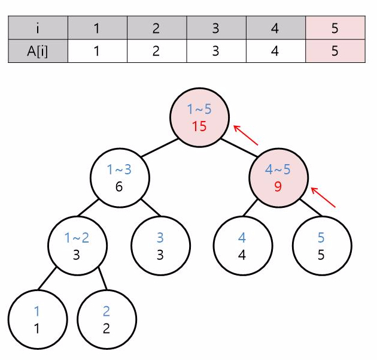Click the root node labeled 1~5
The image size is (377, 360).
[x=199, y=117]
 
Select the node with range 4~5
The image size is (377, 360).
[x=278, y=178]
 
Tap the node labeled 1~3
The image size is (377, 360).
[x=119, y=178]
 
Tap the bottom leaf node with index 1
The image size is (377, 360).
[x=37, y=319]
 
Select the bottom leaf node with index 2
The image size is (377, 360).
[x=107, y=319]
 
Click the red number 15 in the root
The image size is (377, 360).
[x=199, y=126]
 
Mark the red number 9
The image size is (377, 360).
[x=278, y=186]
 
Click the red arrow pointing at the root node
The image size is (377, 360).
[x=245, y=135]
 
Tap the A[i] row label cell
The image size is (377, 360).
[x=38, y=51]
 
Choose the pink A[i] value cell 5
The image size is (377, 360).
[x=335, y=51]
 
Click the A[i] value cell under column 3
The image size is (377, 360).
[x=215, y=51]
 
